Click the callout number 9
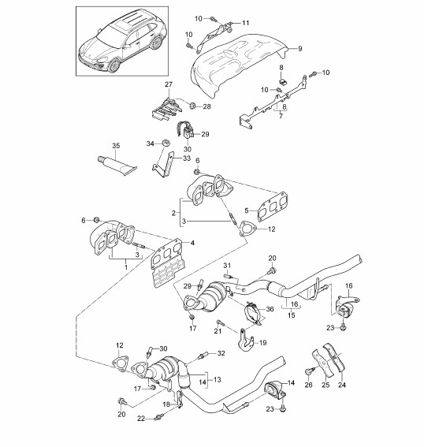(299, 49)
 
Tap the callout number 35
(116, 146)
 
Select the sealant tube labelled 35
(117, 165)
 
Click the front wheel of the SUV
(114, 65)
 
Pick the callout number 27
(169, 84)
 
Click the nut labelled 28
(192, 106)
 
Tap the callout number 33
(187, 158)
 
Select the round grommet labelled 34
(166, 142)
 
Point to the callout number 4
(192, 243)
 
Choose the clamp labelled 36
(254, 313)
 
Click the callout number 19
(262, 342)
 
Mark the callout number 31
(227, 266)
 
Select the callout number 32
(221, 353)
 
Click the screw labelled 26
(309, 371)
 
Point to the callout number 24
(342, 385)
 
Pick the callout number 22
(141, 419)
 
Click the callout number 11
(246, 23)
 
